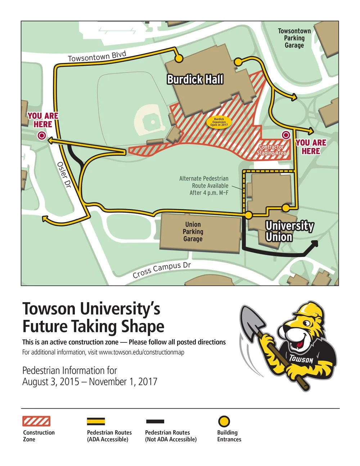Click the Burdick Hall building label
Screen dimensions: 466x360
pos(195,80)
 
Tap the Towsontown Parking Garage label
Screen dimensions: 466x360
pos(294,38)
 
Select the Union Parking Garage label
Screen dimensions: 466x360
pos(193,232)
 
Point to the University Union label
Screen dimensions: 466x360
pos(289,231)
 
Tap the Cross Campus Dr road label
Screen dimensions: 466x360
pos(162,270)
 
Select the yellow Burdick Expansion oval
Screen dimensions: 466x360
pos(219,122)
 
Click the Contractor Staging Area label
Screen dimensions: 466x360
pos(272,150)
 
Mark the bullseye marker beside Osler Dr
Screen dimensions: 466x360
pos(41,136)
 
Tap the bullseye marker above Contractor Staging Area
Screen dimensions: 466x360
pos(286,135)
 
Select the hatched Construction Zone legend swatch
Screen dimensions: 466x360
pos(36,421)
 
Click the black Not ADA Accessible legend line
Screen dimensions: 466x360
pos(155,421)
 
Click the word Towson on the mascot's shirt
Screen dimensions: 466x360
pos(301,359)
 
